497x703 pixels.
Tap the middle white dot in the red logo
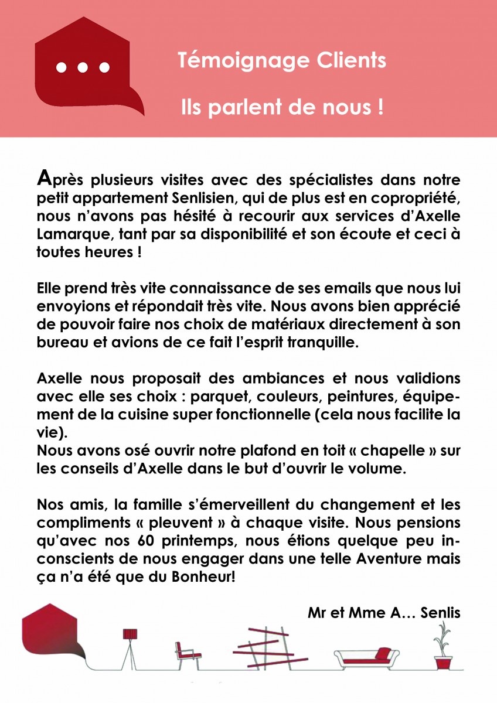83,67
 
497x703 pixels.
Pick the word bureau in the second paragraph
59,342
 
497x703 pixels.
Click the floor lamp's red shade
130,634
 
